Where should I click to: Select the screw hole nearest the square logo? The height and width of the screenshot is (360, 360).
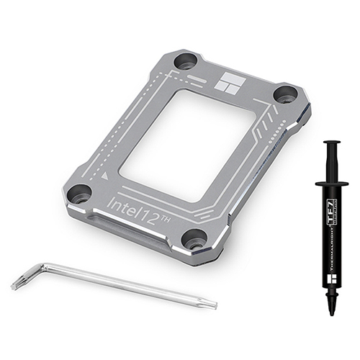pyautogui.click(x=186, y=61)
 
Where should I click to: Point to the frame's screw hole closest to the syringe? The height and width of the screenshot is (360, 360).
pyautogui.click(x=285, y=94)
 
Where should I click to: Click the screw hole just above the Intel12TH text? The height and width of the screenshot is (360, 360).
pyautogui.click(x=80, y=192)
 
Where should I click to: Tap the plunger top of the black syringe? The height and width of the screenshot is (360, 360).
pyautogui.click(x=332, y=143)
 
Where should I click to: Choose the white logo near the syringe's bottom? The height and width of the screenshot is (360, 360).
pyautogui.click(x=332, y=271)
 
